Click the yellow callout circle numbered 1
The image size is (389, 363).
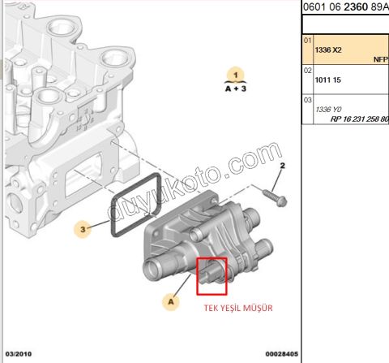tap(235, 76)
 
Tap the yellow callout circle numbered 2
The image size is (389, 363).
tap(284, 168)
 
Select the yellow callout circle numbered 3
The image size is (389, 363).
tap(83, 230)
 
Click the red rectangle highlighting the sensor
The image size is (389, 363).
tap(212, 275)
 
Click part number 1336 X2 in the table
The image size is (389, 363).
tap(327, 50)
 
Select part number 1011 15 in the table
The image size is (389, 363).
tap(327, 81)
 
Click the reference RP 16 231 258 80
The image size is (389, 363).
tap(359, 119)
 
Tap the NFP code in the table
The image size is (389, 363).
tap(380, 59)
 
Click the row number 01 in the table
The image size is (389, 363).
tap(307, 39)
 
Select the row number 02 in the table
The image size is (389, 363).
tap(307, 71)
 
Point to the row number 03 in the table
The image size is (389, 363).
tap(307, 100)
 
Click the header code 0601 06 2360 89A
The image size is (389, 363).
tap(344, 7)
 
